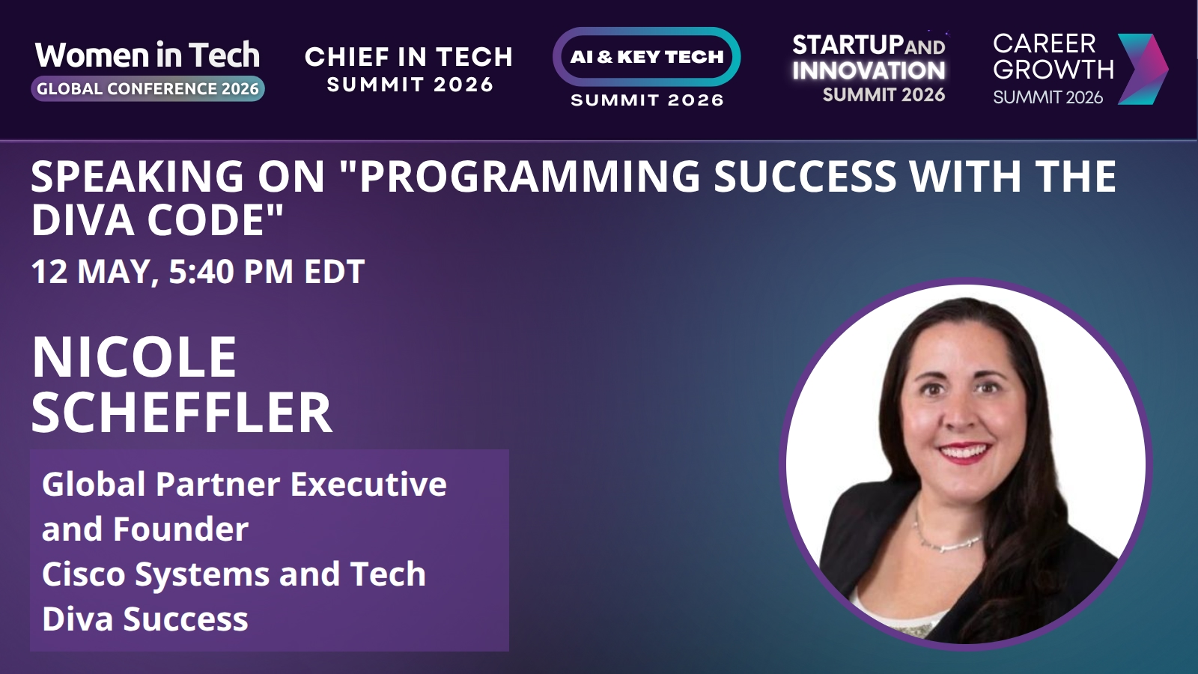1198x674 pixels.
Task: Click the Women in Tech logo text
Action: [x=148, y=55]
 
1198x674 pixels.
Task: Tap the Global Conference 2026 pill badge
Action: [x=148, y=89]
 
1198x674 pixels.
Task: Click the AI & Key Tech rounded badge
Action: [x=647, y=57]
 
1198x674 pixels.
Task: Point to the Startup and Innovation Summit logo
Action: [x=869, y=68]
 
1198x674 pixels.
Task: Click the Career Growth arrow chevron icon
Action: [x=1143, y=69]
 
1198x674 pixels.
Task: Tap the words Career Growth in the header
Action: [x=1053, y=57]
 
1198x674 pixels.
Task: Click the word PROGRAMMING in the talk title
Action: [x=529, y=176]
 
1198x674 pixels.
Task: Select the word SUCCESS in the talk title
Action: [x=805, y=176]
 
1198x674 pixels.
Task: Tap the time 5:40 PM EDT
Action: [x=267, y=271]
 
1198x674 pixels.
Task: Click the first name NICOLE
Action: [x=134, y=356]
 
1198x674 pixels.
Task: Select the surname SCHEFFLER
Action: [x=183, y=412]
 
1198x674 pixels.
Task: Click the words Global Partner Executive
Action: [x=244, y=484]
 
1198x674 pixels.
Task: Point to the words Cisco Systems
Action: [x=156, y=574]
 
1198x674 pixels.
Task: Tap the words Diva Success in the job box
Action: [x=145, y=619]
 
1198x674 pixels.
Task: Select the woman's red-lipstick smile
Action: [x=964, y=452]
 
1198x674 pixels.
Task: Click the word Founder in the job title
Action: [x=180, y=529]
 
